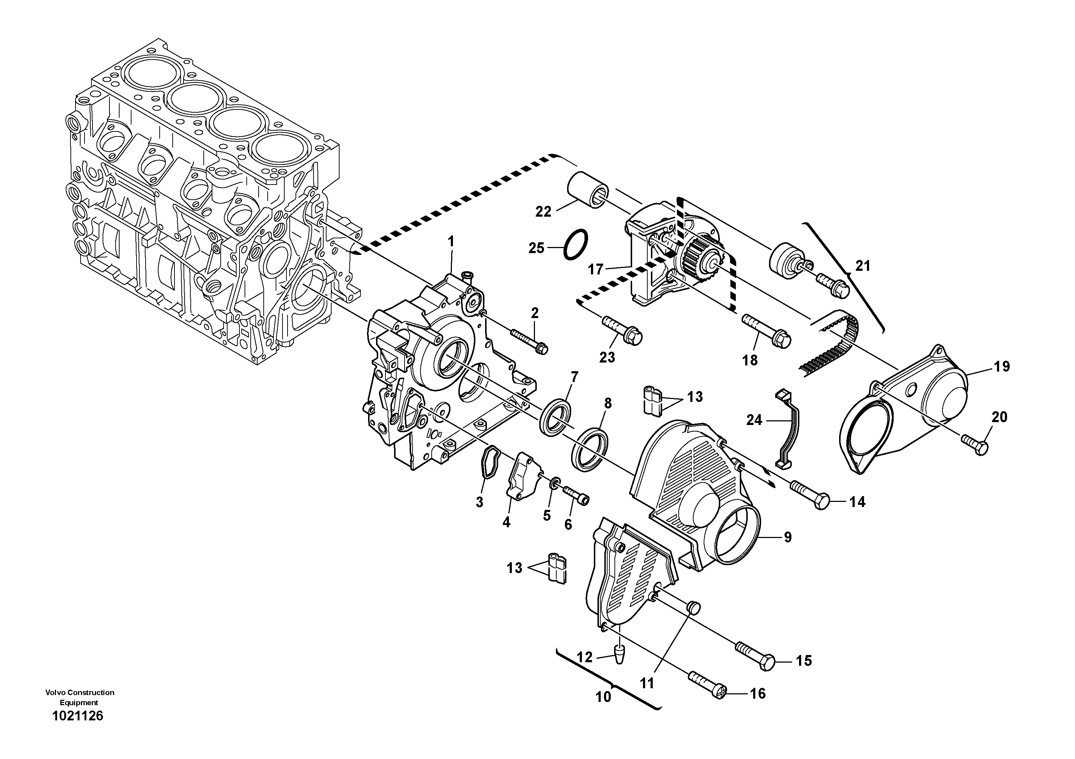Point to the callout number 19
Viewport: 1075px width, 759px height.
(x=1002, y=367)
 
